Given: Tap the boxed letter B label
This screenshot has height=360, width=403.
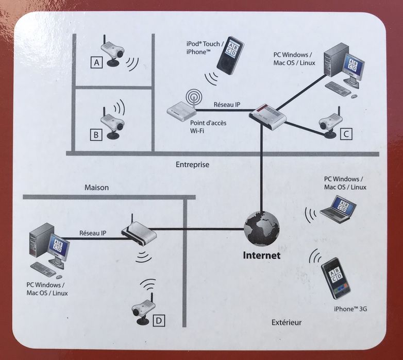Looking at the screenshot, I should (x=96, y=135).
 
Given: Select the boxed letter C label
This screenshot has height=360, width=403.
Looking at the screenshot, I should (x=346, y=134).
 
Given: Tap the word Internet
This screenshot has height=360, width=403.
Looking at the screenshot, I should (x=262, y=255).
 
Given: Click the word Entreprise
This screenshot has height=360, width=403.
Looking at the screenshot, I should (x=192, y=165).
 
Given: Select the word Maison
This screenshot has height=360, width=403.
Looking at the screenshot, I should (x=96, y=187).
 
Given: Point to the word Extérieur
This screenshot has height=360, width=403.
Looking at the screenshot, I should (x=286, y=323).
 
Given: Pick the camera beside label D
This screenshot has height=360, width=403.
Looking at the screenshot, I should (x=143, y=308).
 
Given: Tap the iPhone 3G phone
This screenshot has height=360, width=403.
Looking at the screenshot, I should (x=335, y=281).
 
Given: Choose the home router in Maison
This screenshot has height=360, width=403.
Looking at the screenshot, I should (x=139, y=234).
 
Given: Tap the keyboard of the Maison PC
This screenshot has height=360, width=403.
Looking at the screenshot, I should (x=43, y=269).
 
